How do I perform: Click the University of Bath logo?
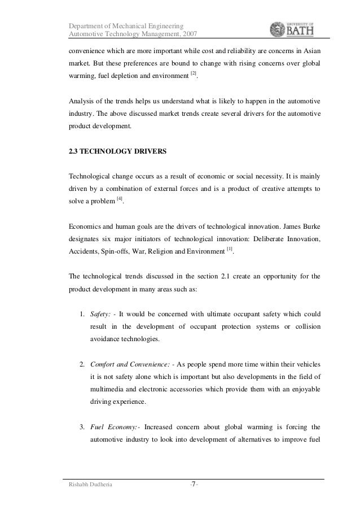coord(294,28)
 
